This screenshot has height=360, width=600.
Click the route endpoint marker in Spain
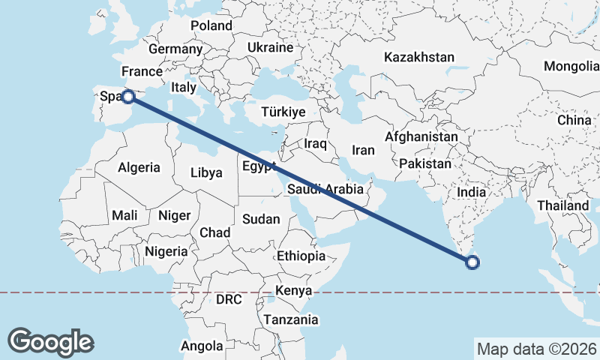128,96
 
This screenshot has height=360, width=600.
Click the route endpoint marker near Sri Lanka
472,262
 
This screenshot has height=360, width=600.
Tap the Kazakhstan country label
419,57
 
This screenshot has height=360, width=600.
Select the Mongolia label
571,66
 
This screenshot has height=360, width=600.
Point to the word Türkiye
283,112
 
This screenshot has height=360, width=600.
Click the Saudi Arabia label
325,190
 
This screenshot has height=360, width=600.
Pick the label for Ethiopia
301,256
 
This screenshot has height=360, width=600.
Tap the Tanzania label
290,319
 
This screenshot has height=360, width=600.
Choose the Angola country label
202,346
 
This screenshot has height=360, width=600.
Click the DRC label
229,299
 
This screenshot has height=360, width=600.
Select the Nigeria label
166,251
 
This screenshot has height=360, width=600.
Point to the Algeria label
139,167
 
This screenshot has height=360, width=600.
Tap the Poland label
211,25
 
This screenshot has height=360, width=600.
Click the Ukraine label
270,47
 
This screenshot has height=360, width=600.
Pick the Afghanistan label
421,137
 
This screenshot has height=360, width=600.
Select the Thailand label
562,205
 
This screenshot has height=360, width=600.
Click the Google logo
50,341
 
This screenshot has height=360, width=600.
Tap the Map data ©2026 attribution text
536,348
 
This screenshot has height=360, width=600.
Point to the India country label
472,192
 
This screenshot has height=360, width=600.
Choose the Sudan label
261,220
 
